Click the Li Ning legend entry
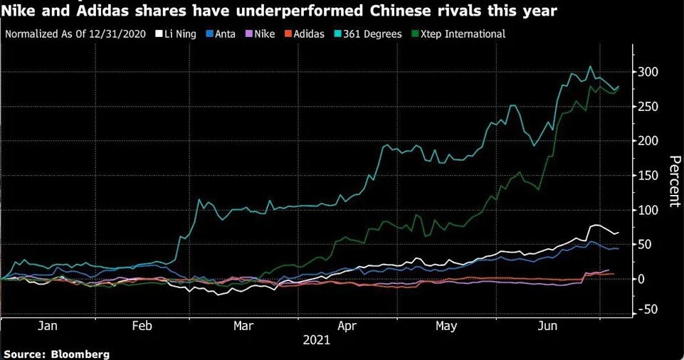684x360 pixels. coord(177,33)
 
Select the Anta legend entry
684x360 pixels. coord(221,33)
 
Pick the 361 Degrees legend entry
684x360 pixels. coord(372,33)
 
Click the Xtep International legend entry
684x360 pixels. coord(458,33)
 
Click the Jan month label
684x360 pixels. coord(47,326)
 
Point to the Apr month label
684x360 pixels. coord(346,326)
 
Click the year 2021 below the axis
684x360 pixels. coord(316,341)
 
